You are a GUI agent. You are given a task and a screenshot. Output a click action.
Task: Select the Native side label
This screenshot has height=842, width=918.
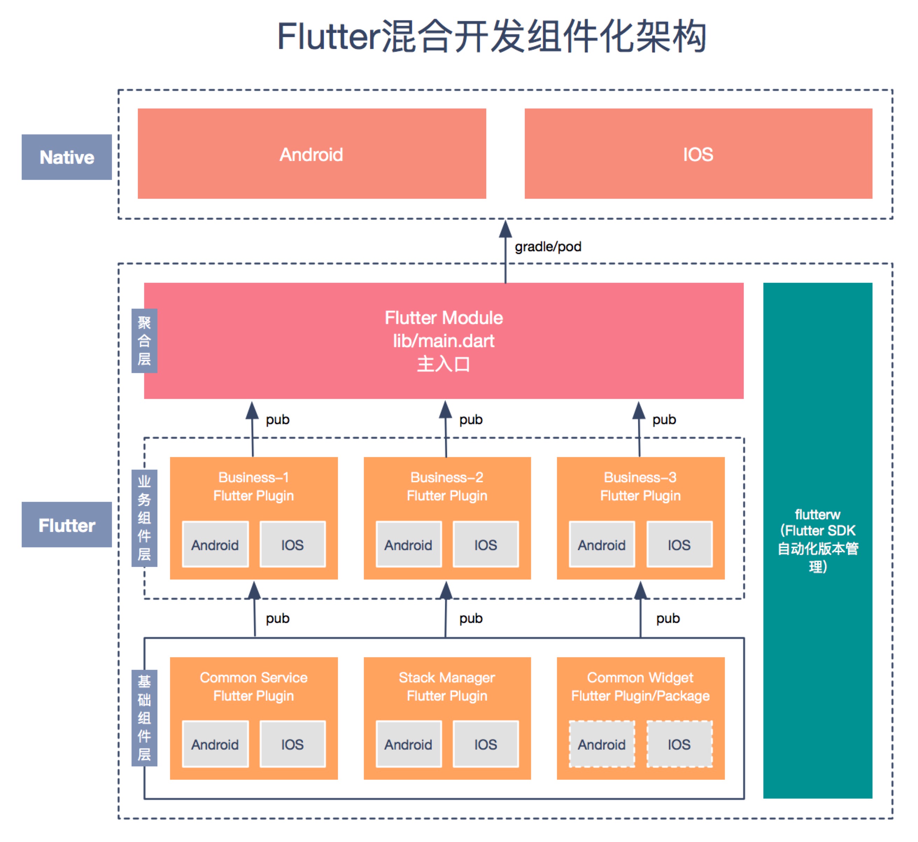click(x=66, y=157)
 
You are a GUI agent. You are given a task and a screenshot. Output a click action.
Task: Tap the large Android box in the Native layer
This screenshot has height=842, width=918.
click(x=312, y=154)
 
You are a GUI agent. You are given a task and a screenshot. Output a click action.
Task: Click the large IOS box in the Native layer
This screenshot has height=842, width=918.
click(x=698, y=154)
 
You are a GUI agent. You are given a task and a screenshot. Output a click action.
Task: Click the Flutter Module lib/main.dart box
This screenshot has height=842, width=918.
click(x=443, y=341)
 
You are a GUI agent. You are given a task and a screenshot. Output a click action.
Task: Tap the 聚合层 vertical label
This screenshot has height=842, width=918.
click(x=144, y=341)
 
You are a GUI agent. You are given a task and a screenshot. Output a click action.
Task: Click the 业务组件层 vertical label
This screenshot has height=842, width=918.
click(x=144, y=518)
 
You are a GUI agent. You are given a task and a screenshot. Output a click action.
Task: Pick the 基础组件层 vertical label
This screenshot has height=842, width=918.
click(x=144, y=718)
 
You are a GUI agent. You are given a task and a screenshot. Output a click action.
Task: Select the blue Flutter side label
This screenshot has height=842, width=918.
click(x=66, y=525)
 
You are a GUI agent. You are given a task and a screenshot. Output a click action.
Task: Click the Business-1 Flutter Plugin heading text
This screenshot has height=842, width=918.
click(x=253, y=486)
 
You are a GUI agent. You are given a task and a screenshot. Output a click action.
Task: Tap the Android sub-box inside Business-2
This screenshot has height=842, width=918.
click(x=408, y=545)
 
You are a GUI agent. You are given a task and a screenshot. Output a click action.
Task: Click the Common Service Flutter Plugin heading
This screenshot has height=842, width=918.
click(x=253, y=687)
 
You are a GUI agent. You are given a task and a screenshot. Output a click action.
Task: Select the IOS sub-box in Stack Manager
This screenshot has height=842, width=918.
click(x=485, y=744)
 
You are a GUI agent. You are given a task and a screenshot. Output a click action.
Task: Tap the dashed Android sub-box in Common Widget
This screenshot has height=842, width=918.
click(x=601, y=744)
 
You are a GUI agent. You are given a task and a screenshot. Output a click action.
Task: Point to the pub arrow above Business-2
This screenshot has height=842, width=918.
click(x=446, y=428)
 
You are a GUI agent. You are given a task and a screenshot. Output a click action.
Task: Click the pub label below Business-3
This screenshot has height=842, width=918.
click(x=668, y=618)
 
